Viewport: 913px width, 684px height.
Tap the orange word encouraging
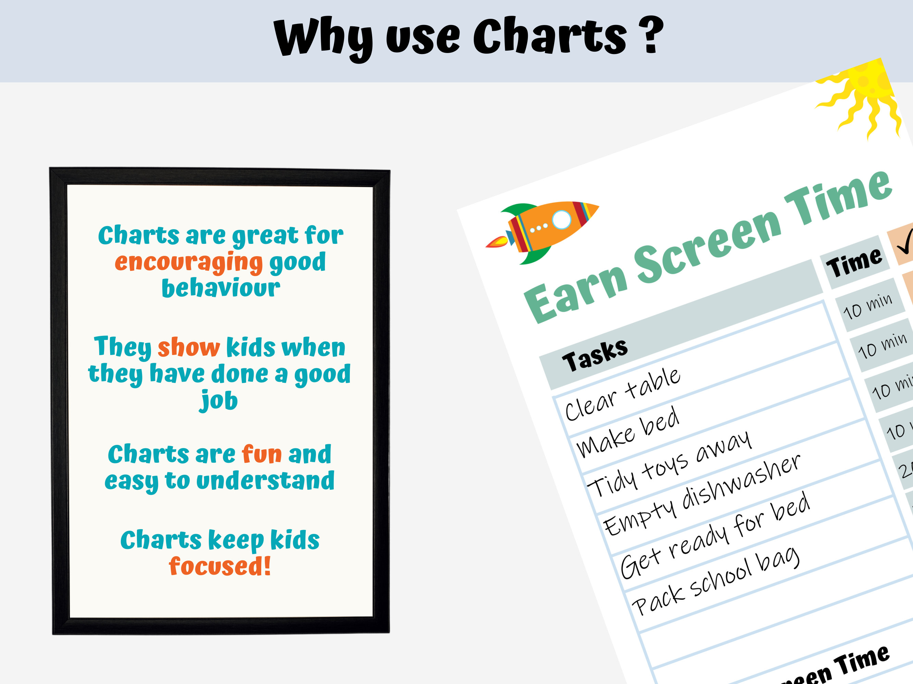[189, 263]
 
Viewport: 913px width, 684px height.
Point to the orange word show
[189, 347]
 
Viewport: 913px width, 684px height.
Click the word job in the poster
[219, 400]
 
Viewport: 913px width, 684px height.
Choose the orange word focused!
[220, 566]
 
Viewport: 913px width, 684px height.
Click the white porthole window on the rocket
[561, 219]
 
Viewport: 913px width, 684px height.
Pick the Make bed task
[628, 432]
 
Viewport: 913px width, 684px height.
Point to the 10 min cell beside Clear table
[867, 307]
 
